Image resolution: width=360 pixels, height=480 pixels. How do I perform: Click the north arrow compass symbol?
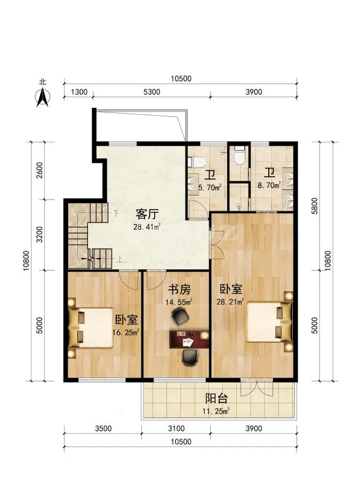pyautogui.click(x=43, y=98)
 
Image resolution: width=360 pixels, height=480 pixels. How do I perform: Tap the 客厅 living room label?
pyautogui.click(x=147, y=214)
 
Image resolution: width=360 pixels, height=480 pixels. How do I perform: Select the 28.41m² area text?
pyautogui.click(x=147, y=227)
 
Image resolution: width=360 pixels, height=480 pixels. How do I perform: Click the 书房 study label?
pyautogui.click(x=179, y=289)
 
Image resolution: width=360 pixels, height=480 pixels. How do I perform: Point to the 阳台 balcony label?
pyautogui.click(x=217, y=398)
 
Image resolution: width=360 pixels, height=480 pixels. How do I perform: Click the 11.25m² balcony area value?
pyautogui.click(x=216, y=411)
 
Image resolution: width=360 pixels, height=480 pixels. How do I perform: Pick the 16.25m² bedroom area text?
pyautogui.click(x=126, y=332)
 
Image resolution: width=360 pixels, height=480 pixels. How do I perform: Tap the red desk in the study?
pyautogui.click(x=189, y=339)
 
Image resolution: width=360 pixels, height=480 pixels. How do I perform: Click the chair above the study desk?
pyautogui.click(x=180, y=316)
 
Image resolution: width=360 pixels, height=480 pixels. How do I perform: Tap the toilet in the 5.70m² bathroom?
pyautogui.click(x=196, y=162)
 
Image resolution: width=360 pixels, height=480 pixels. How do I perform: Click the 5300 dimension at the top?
pyautogui.click(x=152, y=92)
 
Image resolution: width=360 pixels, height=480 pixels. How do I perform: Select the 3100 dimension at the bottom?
pyautogui.click(x=176, y=428)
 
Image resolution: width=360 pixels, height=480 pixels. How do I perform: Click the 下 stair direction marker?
pyautogui.click(x=116, y=213)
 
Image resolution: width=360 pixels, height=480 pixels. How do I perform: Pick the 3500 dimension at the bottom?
pyautogui.click(x=103, y=428)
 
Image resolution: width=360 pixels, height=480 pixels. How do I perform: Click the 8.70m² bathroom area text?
pyautogui.click(x=269, y=185)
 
